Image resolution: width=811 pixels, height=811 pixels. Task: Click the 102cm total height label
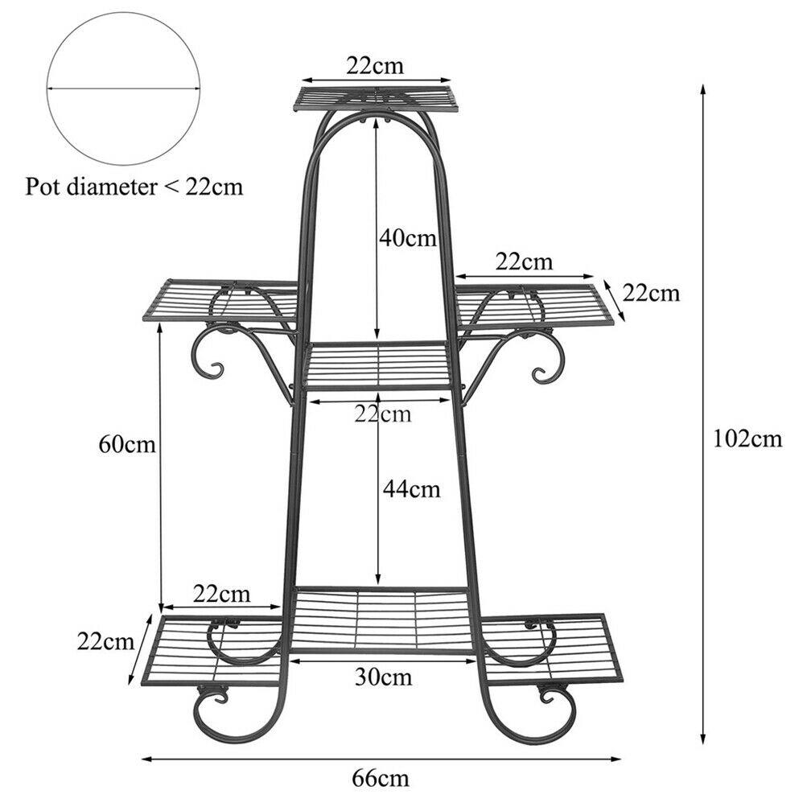click(747, 439)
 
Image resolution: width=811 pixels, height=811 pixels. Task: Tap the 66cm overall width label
click(381, 778)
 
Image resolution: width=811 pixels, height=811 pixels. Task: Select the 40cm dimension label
click(408, 238)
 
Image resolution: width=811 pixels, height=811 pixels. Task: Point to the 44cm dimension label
click(412, 489)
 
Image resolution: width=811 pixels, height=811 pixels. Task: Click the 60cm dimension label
click(127, 444)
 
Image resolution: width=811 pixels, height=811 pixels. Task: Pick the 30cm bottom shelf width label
click(383, 677)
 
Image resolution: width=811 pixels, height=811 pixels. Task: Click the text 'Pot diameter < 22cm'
click(134, 187)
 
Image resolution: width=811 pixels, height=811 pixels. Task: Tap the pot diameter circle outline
click(123, 12)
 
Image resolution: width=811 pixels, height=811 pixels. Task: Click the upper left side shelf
click(221, 301)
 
